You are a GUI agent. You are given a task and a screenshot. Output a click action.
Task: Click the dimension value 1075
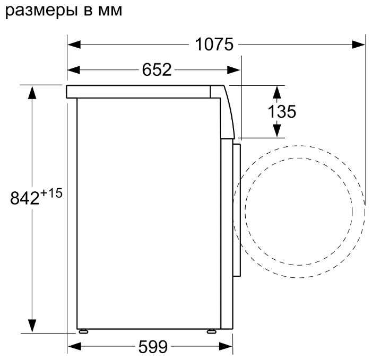(214, 45)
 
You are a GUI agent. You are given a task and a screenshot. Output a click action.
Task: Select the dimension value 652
(157, 69)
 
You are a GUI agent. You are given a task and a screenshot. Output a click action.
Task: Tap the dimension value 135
(282, 111)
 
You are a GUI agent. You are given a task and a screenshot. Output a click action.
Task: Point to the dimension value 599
(153, 347)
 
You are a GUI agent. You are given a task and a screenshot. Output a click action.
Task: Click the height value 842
(24, 198)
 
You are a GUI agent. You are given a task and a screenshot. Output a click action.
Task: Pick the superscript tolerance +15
(51, 193)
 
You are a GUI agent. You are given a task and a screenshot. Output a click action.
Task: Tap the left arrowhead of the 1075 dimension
(74, 45)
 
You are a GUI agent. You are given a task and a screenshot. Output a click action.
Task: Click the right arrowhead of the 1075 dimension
(358, 45)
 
